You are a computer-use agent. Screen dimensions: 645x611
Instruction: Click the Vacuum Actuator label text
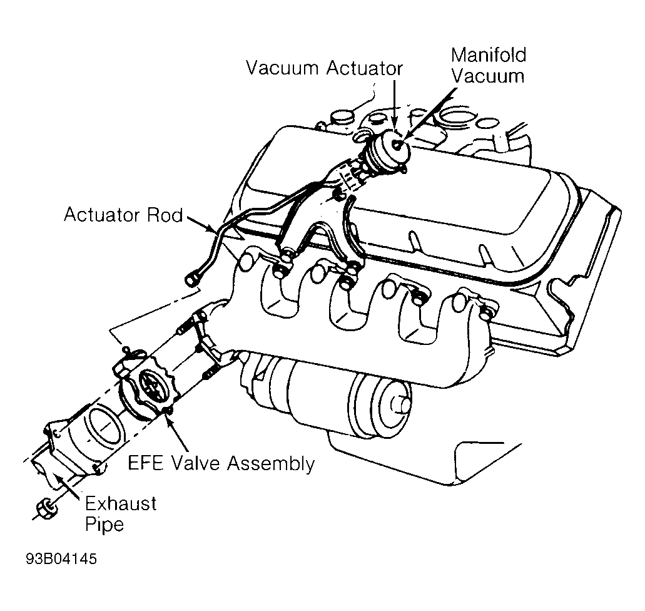pos(324,68)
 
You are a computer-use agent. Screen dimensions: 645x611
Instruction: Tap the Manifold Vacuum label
pos(489,66)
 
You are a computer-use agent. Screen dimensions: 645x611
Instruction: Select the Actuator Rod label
pos(123,215)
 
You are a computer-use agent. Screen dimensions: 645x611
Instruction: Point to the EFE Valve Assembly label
pos(221,463)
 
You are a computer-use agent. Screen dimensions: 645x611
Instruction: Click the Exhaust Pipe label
pos(121,513)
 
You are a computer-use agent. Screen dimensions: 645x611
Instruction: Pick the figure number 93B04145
pos(62,558)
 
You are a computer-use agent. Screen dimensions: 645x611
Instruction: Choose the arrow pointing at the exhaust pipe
pos(68,486)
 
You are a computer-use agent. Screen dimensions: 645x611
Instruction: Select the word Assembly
pos(272,464)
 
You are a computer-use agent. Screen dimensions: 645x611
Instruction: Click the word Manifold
pos(489,55)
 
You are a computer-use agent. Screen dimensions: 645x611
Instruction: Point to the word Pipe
pos(104,525)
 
